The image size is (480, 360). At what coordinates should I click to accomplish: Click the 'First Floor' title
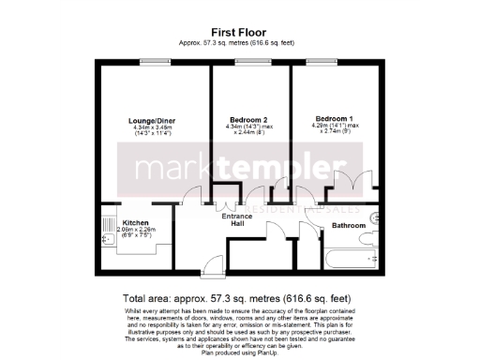click(x=239, y=31)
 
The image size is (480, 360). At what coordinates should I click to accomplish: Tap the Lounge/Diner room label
click(x=152, y=120)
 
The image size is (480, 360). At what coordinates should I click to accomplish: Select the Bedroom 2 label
click(x=249, y=120)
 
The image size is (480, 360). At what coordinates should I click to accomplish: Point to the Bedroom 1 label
click(x=335, y=119)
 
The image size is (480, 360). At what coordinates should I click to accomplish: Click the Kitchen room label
click(x=135, y=222)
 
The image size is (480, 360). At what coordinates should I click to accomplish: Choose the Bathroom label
click(x=348, y=226)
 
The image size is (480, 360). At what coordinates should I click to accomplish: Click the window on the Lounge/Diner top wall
click(x=152, y=62)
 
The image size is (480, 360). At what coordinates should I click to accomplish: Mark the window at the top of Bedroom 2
click(x=249, y=62)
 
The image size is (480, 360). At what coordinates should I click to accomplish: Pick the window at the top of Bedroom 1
click(x=335, y=62)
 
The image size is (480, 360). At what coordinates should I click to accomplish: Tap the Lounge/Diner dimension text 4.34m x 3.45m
click(x=152, y=128)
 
